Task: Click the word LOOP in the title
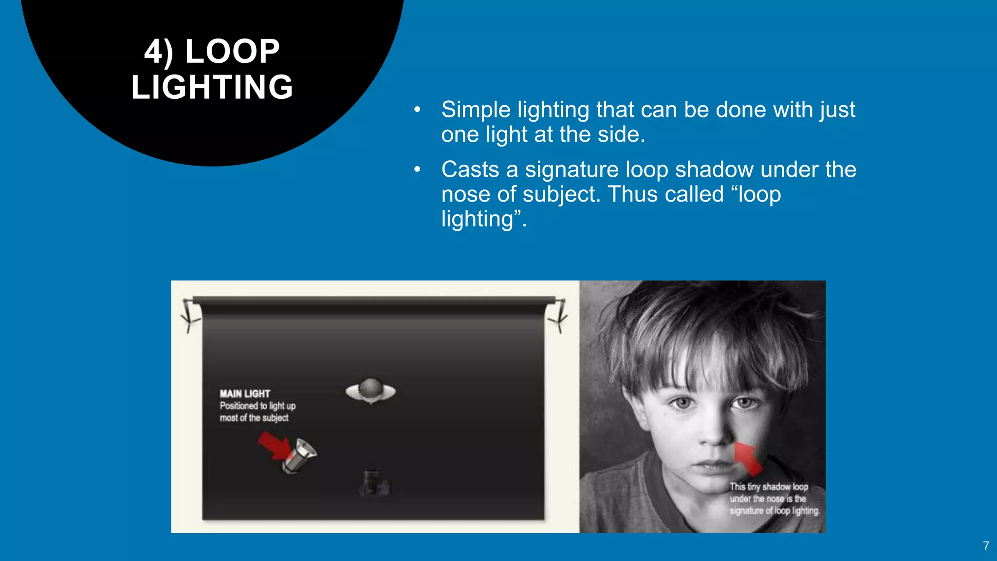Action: coord(232,51)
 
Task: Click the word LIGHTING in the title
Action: coord(212,87)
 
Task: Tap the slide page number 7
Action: coord(986,546)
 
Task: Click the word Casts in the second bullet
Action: coord(470,170)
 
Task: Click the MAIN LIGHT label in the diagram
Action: coord(244,393)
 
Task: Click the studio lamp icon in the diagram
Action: coord(300,455)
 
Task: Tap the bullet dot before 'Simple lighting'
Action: coord(417,110)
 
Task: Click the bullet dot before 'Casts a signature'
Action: coord(417,170)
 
